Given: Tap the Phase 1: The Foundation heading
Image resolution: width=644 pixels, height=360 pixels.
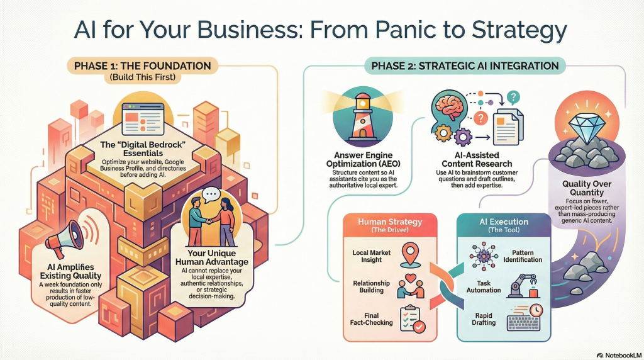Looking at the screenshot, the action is pos(143,65).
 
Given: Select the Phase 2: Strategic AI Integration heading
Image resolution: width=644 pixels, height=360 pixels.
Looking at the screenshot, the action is pos(465,65).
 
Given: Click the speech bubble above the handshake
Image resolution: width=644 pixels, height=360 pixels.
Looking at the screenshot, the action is pos(212,194).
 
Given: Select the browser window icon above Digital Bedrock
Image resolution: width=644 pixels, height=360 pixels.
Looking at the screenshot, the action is pos(143,119).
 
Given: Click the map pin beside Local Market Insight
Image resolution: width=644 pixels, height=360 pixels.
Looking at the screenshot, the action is pos(410,255).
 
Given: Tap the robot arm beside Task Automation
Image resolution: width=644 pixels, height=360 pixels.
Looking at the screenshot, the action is pos(523,286).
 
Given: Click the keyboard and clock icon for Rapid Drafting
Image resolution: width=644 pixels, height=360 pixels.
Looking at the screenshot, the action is pos(525,318).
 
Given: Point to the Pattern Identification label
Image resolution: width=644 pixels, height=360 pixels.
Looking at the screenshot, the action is pos(523,256).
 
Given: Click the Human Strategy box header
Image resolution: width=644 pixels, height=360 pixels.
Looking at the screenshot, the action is pos(390,225).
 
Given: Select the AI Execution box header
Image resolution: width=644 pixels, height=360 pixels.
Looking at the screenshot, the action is pos(504,225).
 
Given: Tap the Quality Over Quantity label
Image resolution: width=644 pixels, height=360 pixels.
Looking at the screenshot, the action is pos(587,188).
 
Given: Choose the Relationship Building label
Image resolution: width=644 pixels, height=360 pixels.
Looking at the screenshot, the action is pos(371,286).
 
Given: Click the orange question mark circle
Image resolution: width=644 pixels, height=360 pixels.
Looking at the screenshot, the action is pos(480,119).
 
